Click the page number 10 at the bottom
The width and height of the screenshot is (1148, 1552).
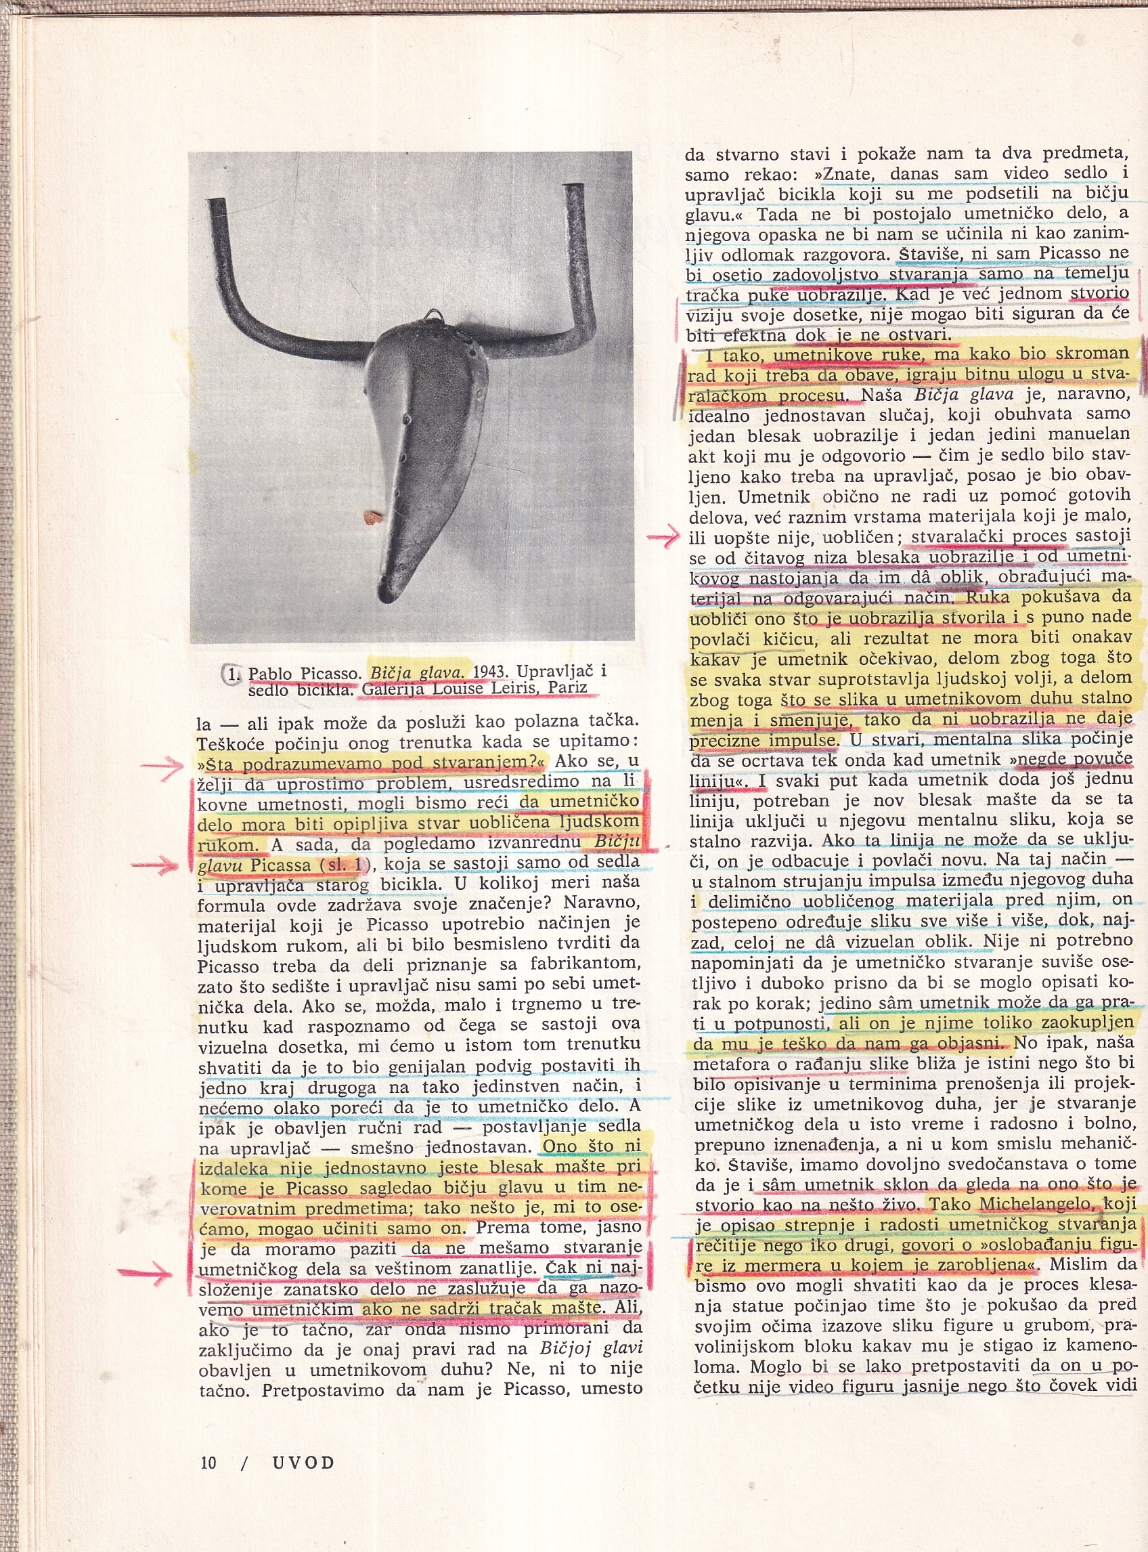coord(208,1463)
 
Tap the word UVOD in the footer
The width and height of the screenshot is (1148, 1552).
coord(303,1463)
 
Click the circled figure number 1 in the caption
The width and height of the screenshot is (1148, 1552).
coord(232,673)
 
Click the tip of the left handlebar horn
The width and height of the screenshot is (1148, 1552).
coord(216,204)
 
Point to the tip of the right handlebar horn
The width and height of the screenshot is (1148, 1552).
coord(575,189)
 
